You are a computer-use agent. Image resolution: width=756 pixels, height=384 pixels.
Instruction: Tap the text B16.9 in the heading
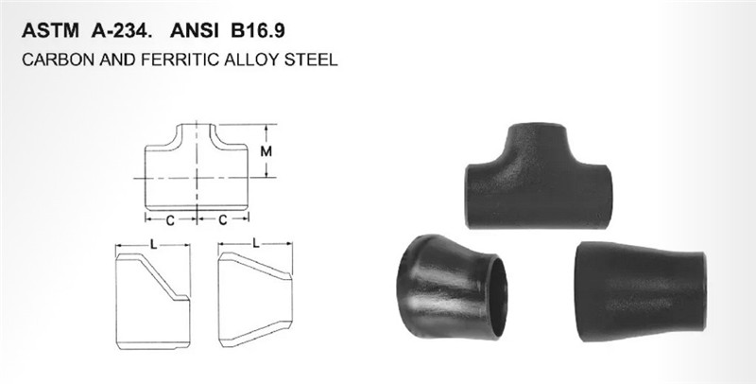click(x=258, y=30)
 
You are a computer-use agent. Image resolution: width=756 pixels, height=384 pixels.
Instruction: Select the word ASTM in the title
click(x=50, y=30)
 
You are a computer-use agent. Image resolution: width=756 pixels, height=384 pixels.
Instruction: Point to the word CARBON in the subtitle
click(x=59, y=60)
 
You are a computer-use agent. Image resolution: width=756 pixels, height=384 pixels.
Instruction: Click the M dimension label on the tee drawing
click(x=266, y=151)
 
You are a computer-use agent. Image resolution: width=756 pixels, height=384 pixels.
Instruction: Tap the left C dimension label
click(x=170, y=220)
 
